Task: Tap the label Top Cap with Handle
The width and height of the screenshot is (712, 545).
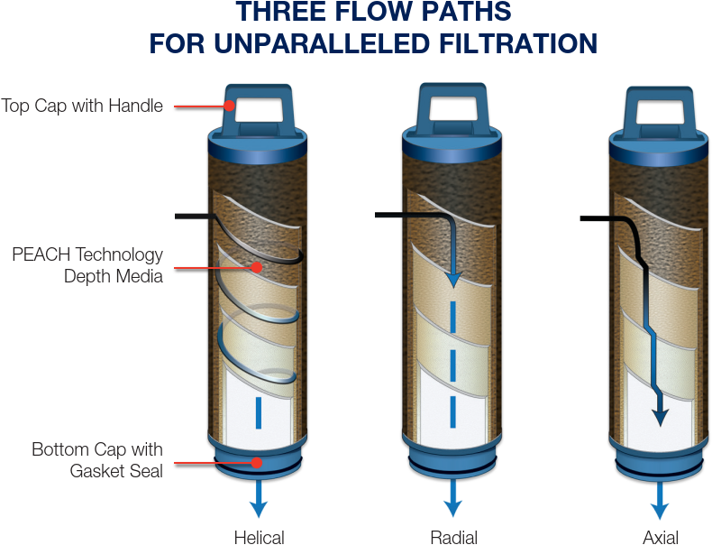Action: [x=82, y=106]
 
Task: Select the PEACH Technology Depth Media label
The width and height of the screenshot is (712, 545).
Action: [x=87, y=265]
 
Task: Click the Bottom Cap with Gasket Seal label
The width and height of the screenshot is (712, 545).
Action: [x=97, y=459]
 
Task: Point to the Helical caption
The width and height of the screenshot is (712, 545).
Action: [x=259, y=537]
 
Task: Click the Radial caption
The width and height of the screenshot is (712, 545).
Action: [x=453, y=537]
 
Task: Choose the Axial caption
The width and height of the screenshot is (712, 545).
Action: [x=660, y=537]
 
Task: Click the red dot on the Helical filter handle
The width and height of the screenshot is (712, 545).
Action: [x=230, y=106]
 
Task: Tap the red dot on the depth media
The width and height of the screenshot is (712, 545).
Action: [x=257, y=267]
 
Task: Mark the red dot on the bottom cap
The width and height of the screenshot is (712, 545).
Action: [x=257, y=463]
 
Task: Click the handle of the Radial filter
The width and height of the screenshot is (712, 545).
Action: [x=453, y=106]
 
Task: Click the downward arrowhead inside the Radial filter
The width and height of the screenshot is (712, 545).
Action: [x=454, y=279]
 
